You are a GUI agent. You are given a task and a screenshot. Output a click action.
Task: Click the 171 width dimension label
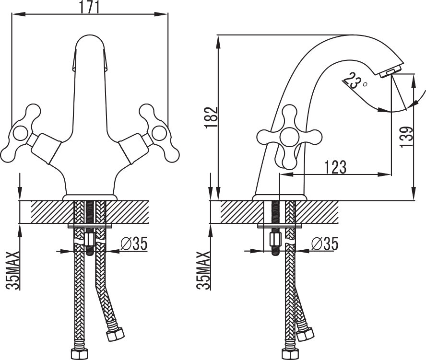[90, 7]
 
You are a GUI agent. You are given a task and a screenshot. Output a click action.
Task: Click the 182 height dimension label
[212, 117]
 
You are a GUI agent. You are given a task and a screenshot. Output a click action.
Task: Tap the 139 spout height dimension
[407, 137]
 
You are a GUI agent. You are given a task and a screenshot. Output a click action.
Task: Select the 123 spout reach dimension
[335, 167]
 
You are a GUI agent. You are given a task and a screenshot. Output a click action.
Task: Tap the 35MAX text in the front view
[13, 270]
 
